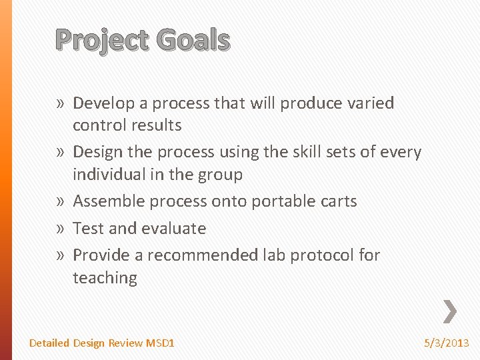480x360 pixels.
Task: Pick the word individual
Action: click(110, 175)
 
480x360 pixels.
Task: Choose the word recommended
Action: click(203, 255)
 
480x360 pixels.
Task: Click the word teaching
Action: click(105, 278)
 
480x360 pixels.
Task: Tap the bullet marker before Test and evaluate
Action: click(60, 229)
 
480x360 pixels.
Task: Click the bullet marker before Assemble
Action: click(60, 201)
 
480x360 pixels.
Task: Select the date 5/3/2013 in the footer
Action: click(447, 343)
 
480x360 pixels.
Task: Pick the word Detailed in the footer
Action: click(49, 343)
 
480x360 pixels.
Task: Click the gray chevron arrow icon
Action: click(451, 311)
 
